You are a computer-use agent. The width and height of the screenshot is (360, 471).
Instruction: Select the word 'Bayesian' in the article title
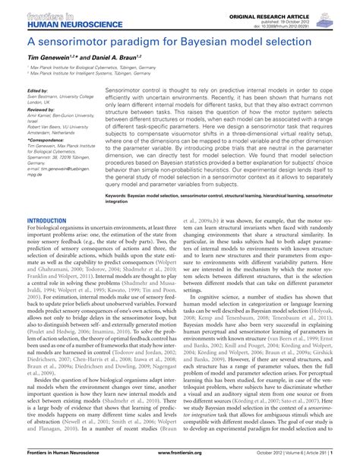216,40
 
